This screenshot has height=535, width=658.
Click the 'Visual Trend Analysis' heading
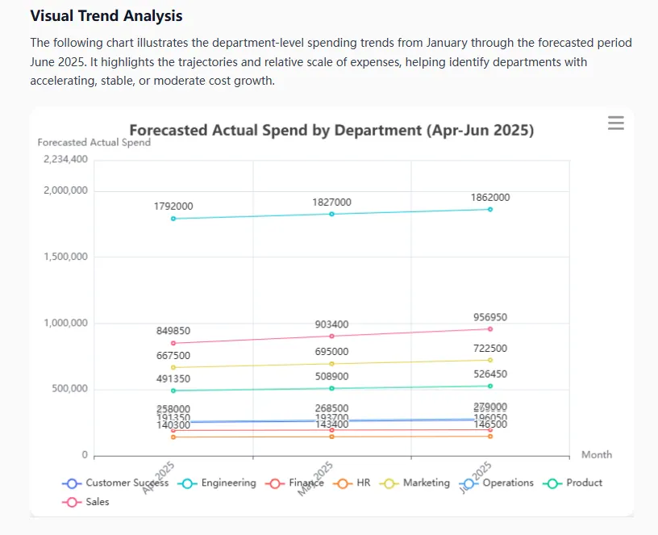coord(106,16)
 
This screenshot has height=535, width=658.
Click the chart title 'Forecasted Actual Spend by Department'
coord(331,130)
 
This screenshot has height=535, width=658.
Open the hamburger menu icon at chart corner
coord(616,123)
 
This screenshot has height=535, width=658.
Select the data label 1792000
coord(173,207)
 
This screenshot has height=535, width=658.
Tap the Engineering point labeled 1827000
coord(331,214)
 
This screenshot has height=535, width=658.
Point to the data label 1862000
coord(490,198)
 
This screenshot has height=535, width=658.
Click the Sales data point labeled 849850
coord(173,343)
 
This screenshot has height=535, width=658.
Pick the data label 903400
coord(331,324)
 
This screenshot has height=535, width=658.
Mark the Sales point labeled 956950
coord(490,329)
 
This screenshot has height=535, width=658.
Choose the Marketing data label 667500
coord(173,356)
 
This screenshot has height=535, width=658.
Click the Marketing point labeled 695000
coord(331,364)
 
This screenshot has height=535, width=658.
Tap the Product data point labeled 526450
coord(490,387)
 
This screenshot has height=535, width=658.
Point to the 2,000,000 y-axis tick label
coord(65,191)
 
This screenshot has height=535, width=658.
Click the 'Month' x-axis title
coord(597,455)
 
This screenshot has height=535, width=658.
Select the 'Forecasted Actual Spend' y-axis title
coord(94,143)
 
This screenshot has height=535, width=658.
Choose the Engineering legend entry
coord(219,483)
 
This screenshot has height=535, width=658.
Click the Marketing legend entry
coord(418,483)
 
